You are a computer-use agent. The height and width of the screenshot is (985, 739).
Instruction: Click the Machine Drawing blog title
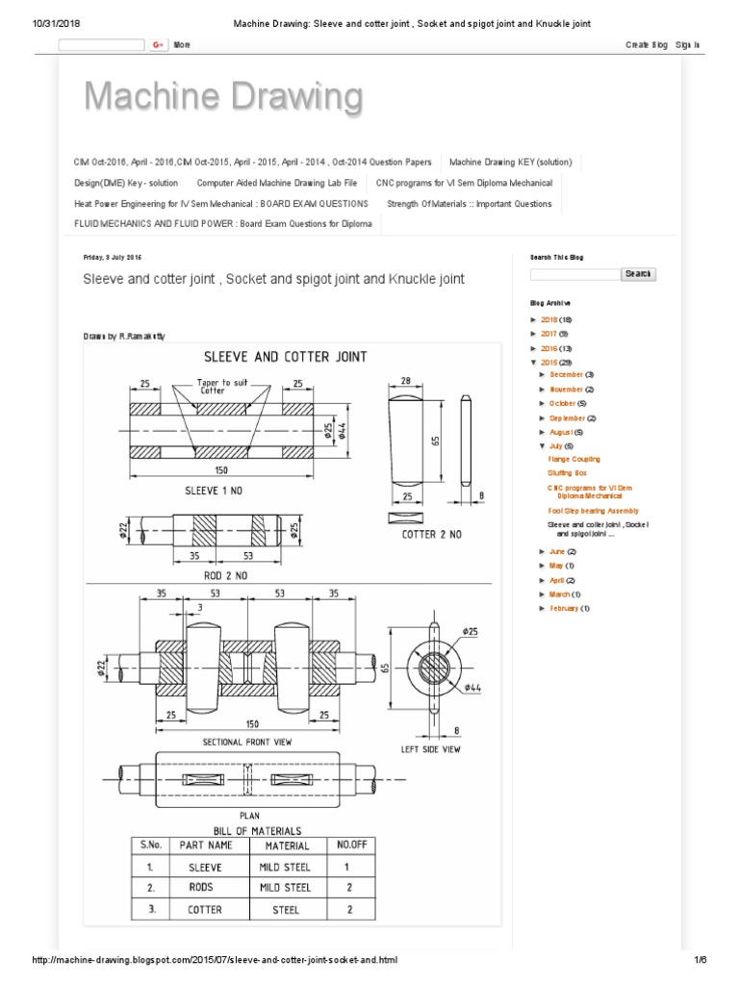point(223,97)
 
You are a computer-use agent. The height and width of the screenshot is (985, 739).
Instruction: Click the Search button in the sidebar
point(638,274)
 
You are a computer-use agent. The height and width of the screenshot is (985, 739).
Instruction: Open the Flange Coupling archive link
point(573,460)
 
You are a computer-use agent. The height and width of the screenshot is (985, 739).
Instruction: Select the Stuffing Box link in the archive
point(567,474)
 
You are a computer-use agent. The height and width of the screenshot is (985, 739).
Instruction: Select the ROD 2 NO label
point(226,574)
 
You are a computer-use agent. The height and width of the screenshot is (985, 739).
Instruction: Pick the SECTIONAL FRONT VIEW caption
point(247,743)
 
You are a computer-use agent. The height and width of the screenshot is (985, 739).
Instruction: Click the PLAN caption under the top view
point(249,814)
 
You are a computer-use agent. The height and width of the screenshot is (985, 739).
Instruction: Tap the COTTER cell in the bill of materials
point(205,909)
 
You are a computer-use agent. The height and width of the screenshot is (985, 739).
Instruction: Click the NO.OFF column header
point(350,845)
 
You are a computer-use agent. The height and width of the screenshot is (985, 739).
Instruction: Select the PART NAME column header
point(206,846)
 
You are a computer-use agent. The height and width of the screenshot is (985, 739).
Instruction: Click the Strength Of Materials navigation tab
point(470,204)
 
